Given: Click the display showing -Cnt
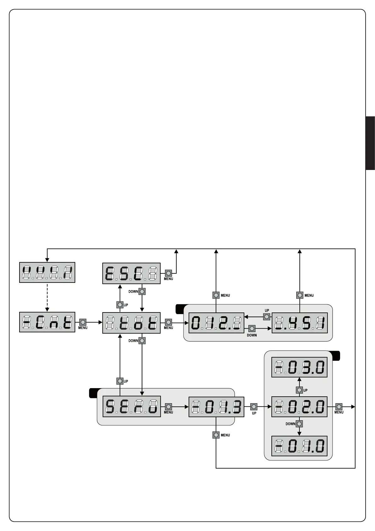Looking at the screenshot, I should tap(47, 322).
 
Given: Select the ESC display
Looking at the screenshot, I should tap(131, 273).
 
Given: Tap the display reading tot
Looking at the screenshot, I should tap(131, 323).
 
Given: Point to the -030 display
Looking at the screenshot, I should tap(299, 367).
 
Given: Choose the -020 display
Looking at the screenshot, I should tap(299, 407).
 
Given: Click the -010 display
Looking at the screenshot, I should tap(299, 446).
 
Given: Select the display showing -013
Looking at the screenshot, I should tap(216, 407).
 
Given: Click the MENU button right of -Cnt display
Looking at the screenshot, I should tap(83, 322).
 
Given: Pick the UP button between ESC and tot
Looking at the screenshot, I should tap(120, 305).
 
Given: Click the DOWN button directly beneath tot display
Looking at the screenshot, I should tap(142, 341).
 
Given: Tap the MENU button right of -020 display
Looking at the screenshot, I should tap(339, 407).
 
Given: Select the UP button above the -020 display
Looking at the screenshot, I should tap(299, 390).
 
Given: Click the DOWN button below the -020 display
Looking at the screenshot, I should tap(299, 424).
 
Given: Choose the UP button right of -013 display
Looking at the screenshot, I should tap(254, 407).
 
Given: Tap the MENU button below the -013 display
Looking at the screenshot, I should tap(216, 435).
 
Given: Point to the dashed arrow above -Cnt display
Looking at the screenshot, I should tap(47, 297).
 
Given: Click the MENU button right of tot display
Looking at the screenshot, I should tap(168, 322).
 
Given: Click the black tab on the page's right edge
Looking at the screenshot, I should tap(370, 143).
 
